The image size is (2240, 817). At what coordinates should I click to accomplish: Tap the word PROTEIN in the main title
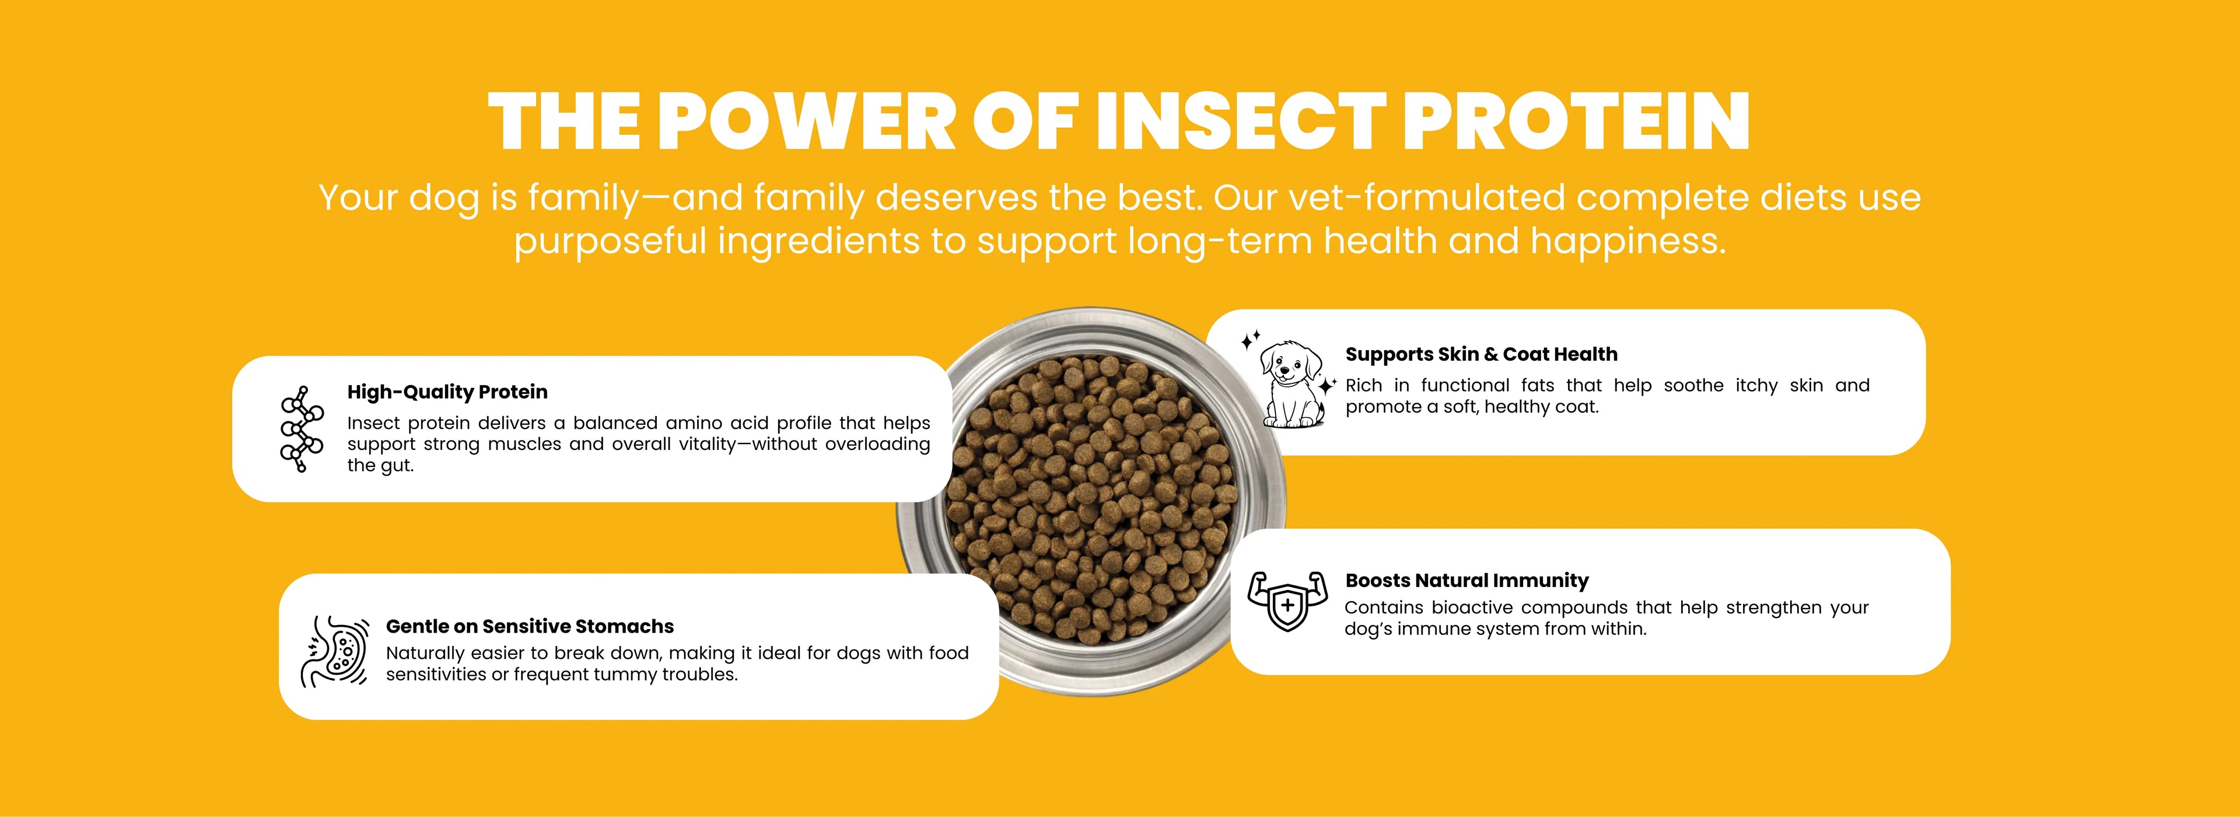(1576, 122)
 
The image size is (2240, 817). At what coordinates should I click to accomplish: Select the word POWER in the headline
(807, 122)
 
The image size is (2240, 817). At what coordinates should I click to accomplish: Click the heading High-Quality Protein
(447, 392)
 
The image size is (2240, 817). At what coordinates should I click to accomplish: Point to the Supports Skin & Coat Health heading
(1481, 354)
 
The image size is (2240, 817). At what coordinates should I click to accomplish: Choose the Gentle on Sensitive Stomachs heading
(530, 626)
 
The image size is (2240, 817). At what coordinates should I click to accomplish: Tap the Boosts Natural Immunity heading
(1467, 580)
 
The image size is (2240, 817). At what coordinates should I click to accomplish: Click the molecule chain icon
(300, 429)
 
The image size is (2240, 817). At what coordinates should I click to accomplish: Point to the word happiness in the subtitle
(1628, 241)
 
